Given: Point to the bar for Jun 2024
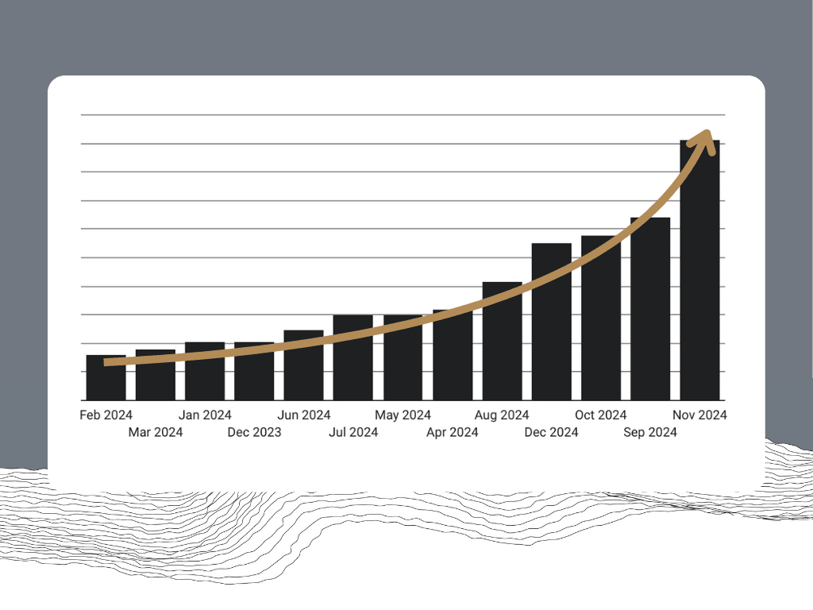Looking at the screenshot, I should click(x=303, y=369).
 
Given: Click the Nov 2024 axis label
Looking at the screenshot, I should click(x=700, y=415).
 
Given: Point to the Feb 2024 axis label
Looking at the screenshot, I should click(x=106, y=415).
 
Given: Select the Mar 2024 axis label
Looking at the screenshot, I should click(x=156, y=432).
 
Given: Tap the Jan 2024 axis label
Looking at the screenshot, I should click(x=205, y=415).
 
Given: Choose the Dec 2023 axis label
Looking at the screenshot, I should click(x=254, y=432).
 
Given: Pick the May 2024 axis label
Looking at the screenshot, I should click(x=403, y=415).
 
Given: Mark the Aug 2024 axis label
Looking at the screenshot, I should click(x=502, y=415).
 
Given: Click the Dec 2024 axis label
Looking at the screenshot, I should click(x=551, y=432).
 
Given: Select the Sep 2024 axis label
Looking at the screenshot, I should click(x=650, y=432).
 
